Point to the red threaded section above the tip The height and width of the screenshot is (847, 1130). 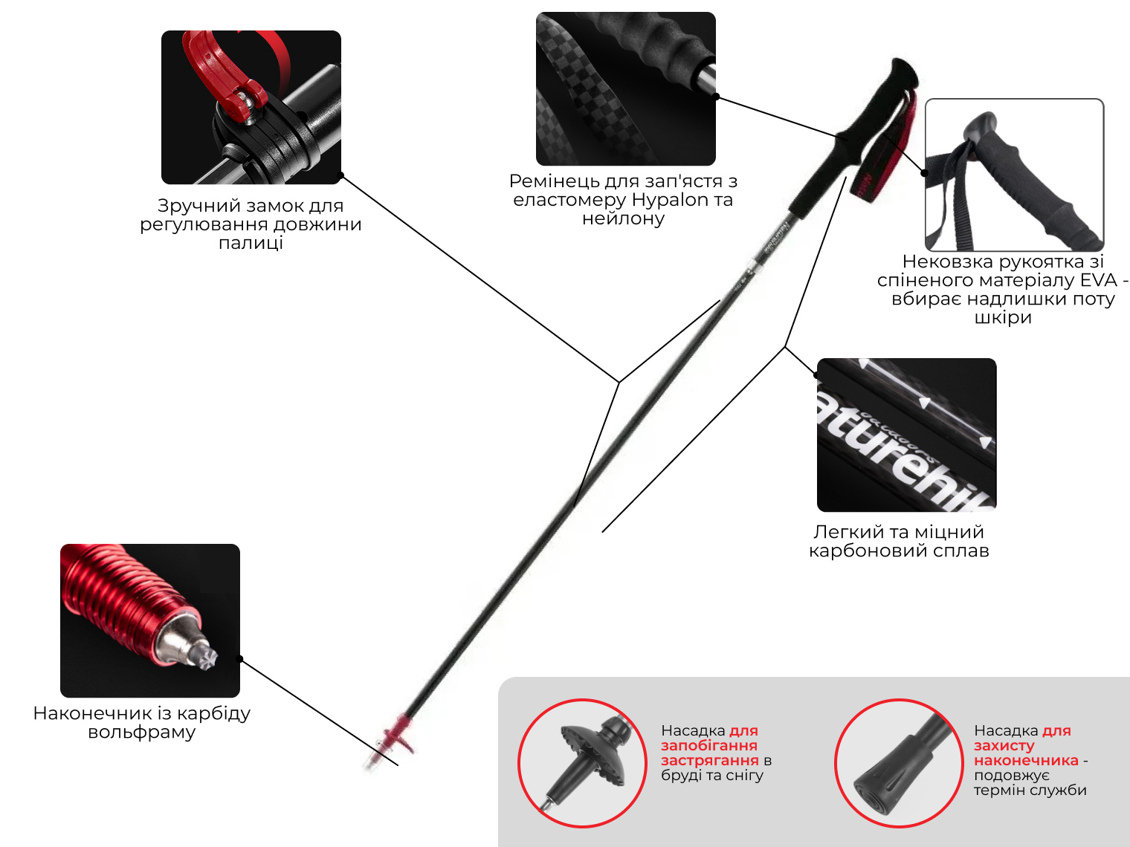click(123, 591)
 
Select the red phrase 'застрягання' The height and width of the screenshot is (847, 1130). click(709, 760)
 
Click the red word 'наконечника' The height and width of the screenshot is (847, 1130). click(1026, 760)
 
